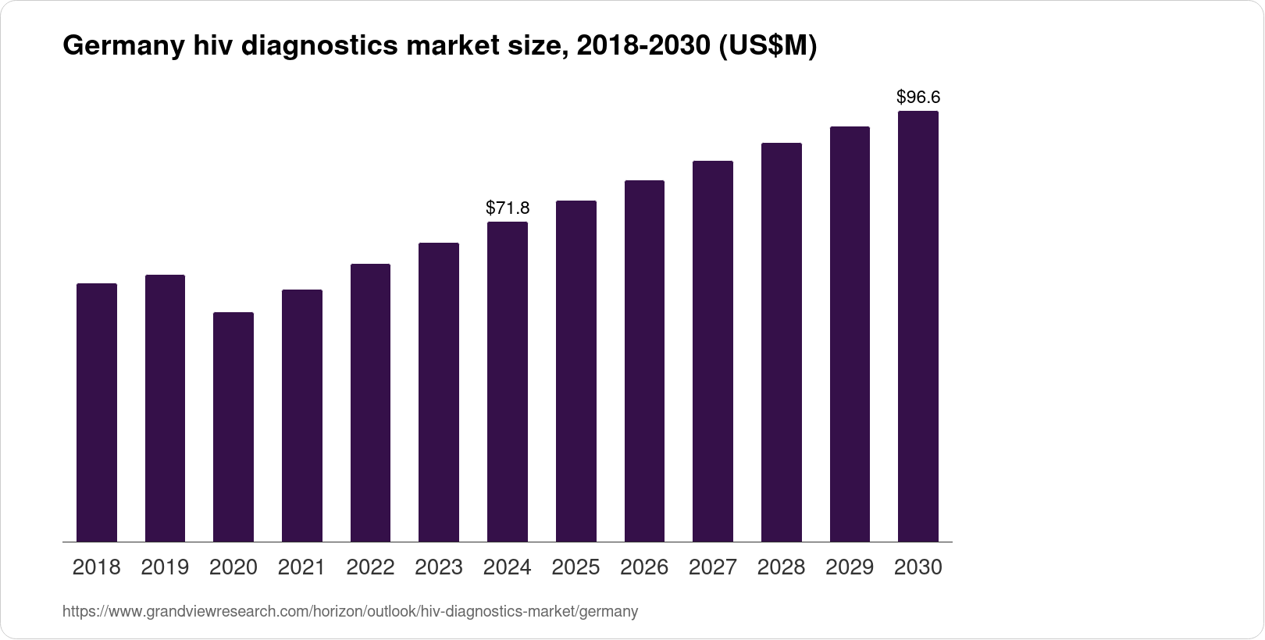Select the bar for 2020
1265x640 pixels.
(233, 427)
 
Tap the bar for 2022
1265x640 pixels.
(370, 403)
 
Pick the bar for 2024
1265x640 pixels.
(508, 382)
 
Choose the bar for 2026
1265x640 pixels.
(644, 361)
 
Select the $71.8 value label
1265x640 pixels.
(508, 208)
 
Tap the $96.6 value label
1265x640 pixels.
(918, 98)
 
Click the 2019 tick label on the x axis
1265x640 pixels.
(165, 567)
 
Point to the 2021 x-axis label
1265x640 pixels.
(302, 567)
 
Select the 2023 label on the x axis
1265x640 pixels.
(439, 567)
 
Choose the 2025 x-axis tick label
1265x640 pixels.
(575, 567)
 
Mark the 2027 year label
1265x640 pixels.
(713, 567)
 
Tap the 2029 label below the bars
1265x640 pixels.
(850, 567)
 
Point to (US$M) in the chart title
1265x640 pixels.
(765, 48)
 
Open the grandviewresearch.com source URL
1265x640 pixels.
(350, 612)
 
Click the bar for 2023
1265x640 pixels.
(439, 392)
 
